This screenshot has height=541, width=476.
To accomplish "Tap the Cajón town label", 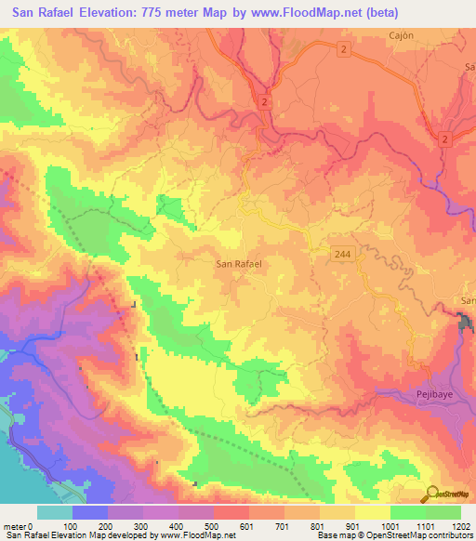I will (401, 34).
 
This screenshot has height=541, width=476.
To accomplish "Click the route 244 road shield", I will (343, 253).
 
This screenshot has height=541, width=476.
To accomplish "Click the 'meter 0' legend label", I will (17, 526).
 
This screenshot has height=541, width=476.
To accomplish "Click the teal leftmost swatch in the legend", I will (55, 512).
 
